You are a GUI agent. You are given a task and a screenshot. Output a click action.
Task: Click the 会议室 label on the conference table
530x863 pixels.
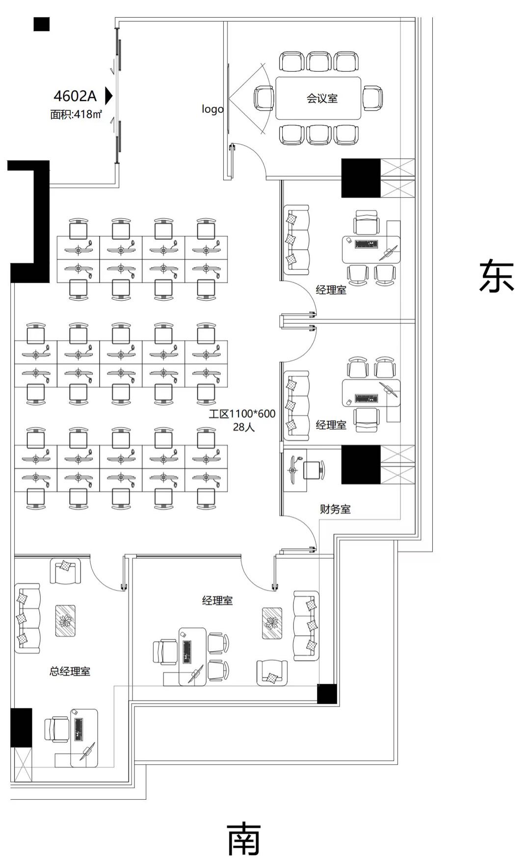coord(322,98)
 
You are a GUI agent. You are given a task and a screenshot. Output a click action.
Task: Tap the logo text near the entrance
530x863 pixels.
coord(212,109)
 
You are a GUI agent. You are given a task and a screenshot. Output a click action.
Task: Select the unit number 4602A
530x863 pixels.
coord(75,95)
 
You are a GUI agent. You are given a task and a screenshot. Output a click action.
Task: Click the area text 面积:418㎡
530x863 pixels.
coord(76,114)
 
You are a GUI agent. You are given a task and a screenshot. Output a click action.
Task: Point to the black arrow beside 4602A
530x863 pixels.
coord(109,96)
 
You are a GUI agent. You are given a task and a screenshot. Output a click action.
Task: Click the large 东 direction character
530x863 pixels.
coord(497,277)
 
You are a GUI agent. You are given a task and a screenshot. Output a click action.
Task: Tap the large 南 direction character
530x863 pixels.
coord(244,838)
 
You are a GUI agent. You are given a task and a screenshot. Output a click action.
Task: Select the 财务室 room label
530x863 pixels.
coord(335,509)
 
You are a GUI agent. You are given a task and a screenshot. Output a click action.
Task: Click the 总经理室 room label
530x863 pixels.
coord(70,671)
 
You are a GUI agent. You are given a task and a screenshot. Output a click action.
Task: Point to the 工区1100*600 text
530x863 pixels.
coord(242,414)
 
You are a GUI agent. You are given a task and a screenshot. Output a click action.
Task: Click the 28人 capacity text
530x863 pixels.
coord(243,427)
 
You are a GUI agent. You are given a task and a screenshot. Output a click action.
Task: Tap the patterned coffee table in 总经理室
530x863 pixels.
coord(65,621)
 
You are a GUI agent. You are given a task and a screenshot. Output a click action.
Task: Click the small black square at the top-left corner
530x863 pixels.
coord(42,24)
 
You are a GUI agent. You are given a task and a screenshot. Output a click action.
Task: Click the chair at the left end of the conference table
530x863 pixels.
coord(264,98)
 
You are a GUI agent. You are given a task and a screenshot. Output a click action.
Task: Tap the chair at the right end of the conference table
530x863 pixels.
coord(372,98)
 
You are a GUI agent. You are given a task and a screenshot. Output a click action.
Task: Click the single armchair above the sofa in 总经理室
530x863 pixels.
coord(65,572)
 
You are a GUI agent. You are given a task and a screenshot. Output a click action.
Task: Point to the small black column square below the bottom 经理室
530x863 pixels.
coord(327,694)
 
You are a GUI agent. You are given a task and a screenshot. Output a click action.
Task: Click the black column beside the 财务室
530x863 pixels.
coord(361,465)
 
